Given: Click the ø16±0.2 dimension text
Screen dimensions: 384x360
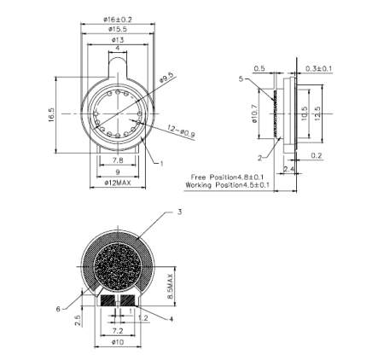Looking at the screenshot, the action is [118, 20].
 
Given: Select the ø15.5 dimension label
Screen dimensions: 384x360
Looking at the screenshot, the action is [118, 29].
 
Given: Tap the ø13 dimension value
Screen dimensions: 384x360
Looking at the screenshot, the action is [118, 39].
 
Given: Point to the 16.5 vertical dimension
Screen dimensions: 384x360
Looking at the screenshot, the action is [51, 114].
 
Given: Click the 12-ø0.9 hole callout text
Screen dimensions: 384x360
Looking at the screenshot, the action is [181, 131].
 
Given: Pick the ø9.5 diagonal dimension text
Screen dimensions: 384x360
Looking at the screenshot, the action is [166, 78].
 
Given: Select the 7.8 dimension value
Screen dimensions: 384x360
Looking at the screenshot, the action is [118, 160].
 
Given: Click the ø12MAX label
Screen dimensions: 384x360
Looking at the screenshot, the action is [118, 183].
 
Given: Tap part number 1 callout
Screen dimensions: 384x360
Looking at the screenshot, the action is [161, 164].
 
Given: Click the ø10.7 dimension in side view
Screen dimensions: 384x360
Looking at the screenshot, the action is [254, 113].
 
